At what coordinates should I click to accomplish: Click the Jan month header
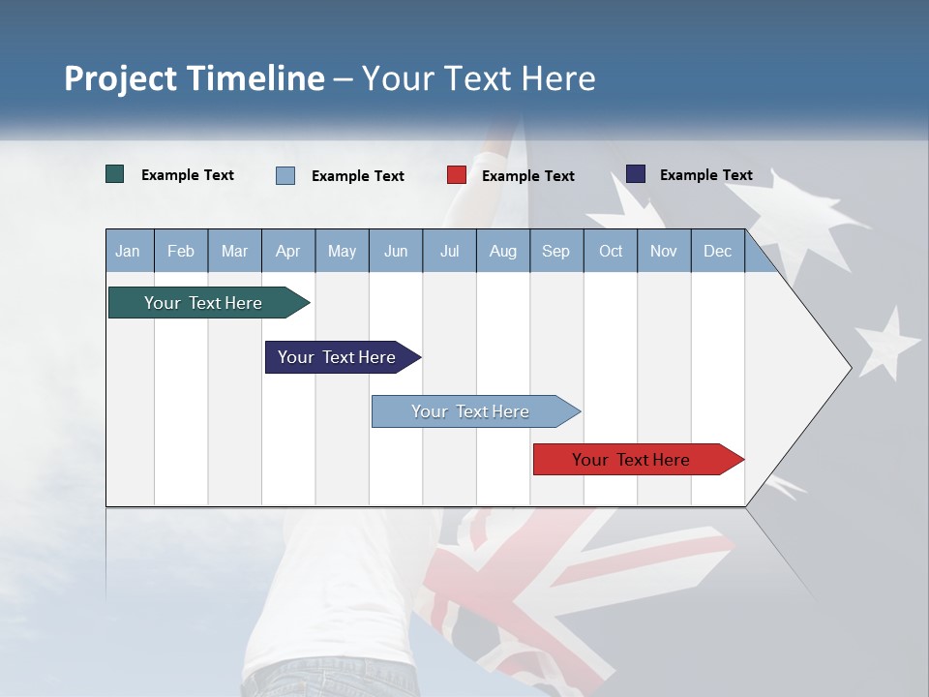128,251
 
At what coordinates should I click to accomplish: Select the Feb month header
181,251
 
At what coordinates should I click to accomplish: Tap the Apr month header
287,251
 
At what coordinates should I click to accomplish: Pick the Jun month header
396,251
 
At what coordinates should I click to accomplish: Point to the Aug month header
502,251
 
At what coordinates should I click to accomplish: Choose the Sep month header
555,251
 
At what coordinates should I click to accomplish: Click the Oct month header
611,251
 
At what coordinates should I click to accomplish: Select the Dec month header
717,251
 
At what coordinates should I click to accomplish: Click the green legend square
115,174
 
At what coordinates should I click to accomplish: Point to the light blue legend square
285,175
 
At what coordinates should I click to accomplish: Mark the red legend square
457,175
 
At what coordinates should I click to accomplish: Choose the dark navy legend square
636,174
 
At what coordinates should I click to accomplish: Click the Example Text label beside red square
528,176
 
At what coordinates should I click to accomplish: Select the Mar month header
234,251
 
